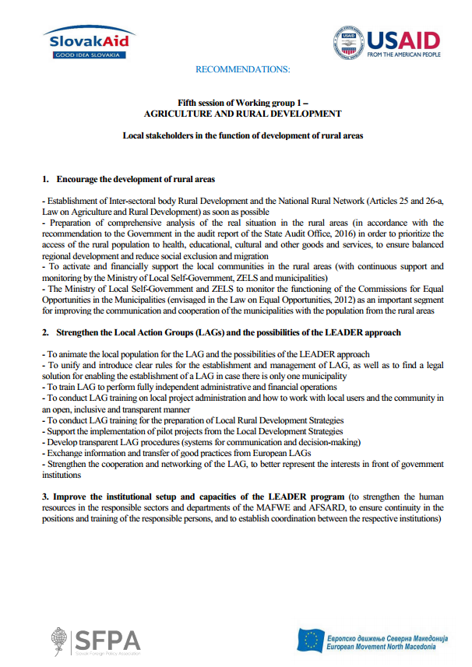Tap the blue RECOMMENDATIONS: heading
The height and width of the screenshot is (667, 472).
tap(242, 70)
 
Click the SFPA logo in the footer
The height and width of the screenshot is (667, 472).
tap(97, 639)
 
